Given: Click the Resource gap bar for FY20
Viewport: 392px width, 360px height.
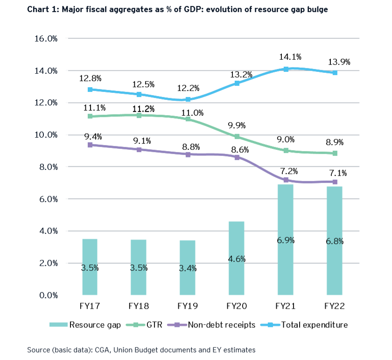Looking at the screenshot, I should [237, 258].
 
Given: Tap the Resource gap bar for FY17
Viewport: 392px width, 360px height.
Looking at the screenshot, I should [90, 267].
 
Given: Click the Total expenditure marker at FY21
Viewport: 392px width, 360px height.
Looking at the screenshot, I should [286, 69].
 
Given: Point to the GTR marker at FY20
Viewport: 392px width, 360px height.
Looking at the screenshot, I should [237, 137].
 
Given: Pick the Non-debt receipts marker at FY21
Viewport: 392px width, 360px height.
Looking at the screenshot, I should [286, 180].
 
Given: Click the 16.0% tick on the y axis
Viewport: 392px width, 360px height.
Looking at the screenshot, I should [46, 39].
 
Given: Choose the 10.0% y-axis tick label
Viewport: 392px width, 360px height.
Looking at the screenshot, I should [46, 135].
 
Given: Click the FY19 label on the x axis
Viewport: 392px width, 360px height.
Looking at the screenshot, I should [188, 307].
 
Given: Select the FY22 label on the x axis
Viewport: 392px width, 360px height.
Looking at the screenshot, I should [335, 307].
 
